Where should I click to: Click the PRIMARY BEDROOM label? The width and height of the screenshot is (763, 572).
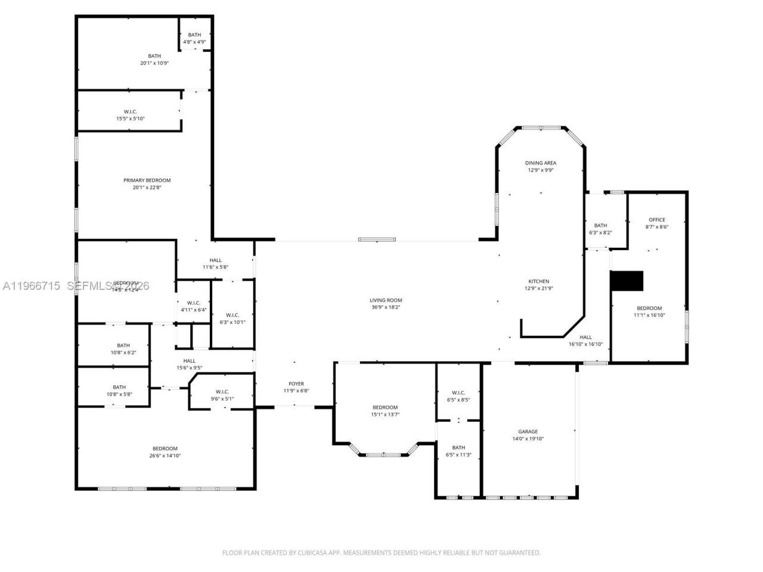coord(147,181)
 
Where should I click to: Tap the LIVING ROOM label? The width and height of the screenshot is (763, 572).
coord(386,300)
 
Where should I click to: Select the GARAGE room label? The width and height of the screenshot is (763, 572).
coord(528,431)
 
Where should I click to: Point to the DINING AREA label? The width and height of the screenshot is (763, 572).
coord(541,163)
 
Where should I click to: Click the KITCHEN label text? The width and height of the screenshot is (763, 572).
coord(538,281)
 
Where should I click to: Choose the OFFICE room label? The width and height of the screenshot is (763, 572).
coord(656,220)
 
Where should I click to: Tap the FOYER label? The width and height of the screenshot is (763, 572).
coord(296,384)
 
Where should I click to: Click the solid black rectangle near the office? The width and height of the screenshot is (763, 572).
coord(627,281)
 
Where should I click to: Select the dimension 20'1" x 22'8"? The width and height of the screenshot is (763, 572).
coord(147,188)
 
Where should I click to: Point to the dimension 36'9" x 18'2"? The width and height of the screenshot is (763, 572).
coord(386,307)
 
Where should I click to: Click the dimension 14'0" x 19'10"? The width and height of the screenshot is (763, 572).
coord(528,439)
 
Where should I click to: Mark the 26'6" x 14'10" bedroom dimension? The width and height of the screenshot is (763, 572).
coord(165,456)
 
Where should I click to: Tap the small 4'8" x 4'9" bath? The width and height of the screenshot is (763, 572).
coord(195,39)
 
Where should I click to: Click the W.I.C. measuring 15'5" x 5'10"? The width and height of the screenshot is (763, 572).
coord(130,115)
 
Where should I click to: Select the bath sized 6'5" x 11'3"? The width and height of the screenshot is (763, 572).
coord(458,451)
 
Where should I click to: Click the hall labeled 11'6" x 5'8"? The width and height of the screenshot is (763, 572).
coord(215,263)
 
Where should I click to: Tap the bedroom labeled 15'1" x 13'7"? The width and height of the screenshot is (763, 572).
coord(384,411)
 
